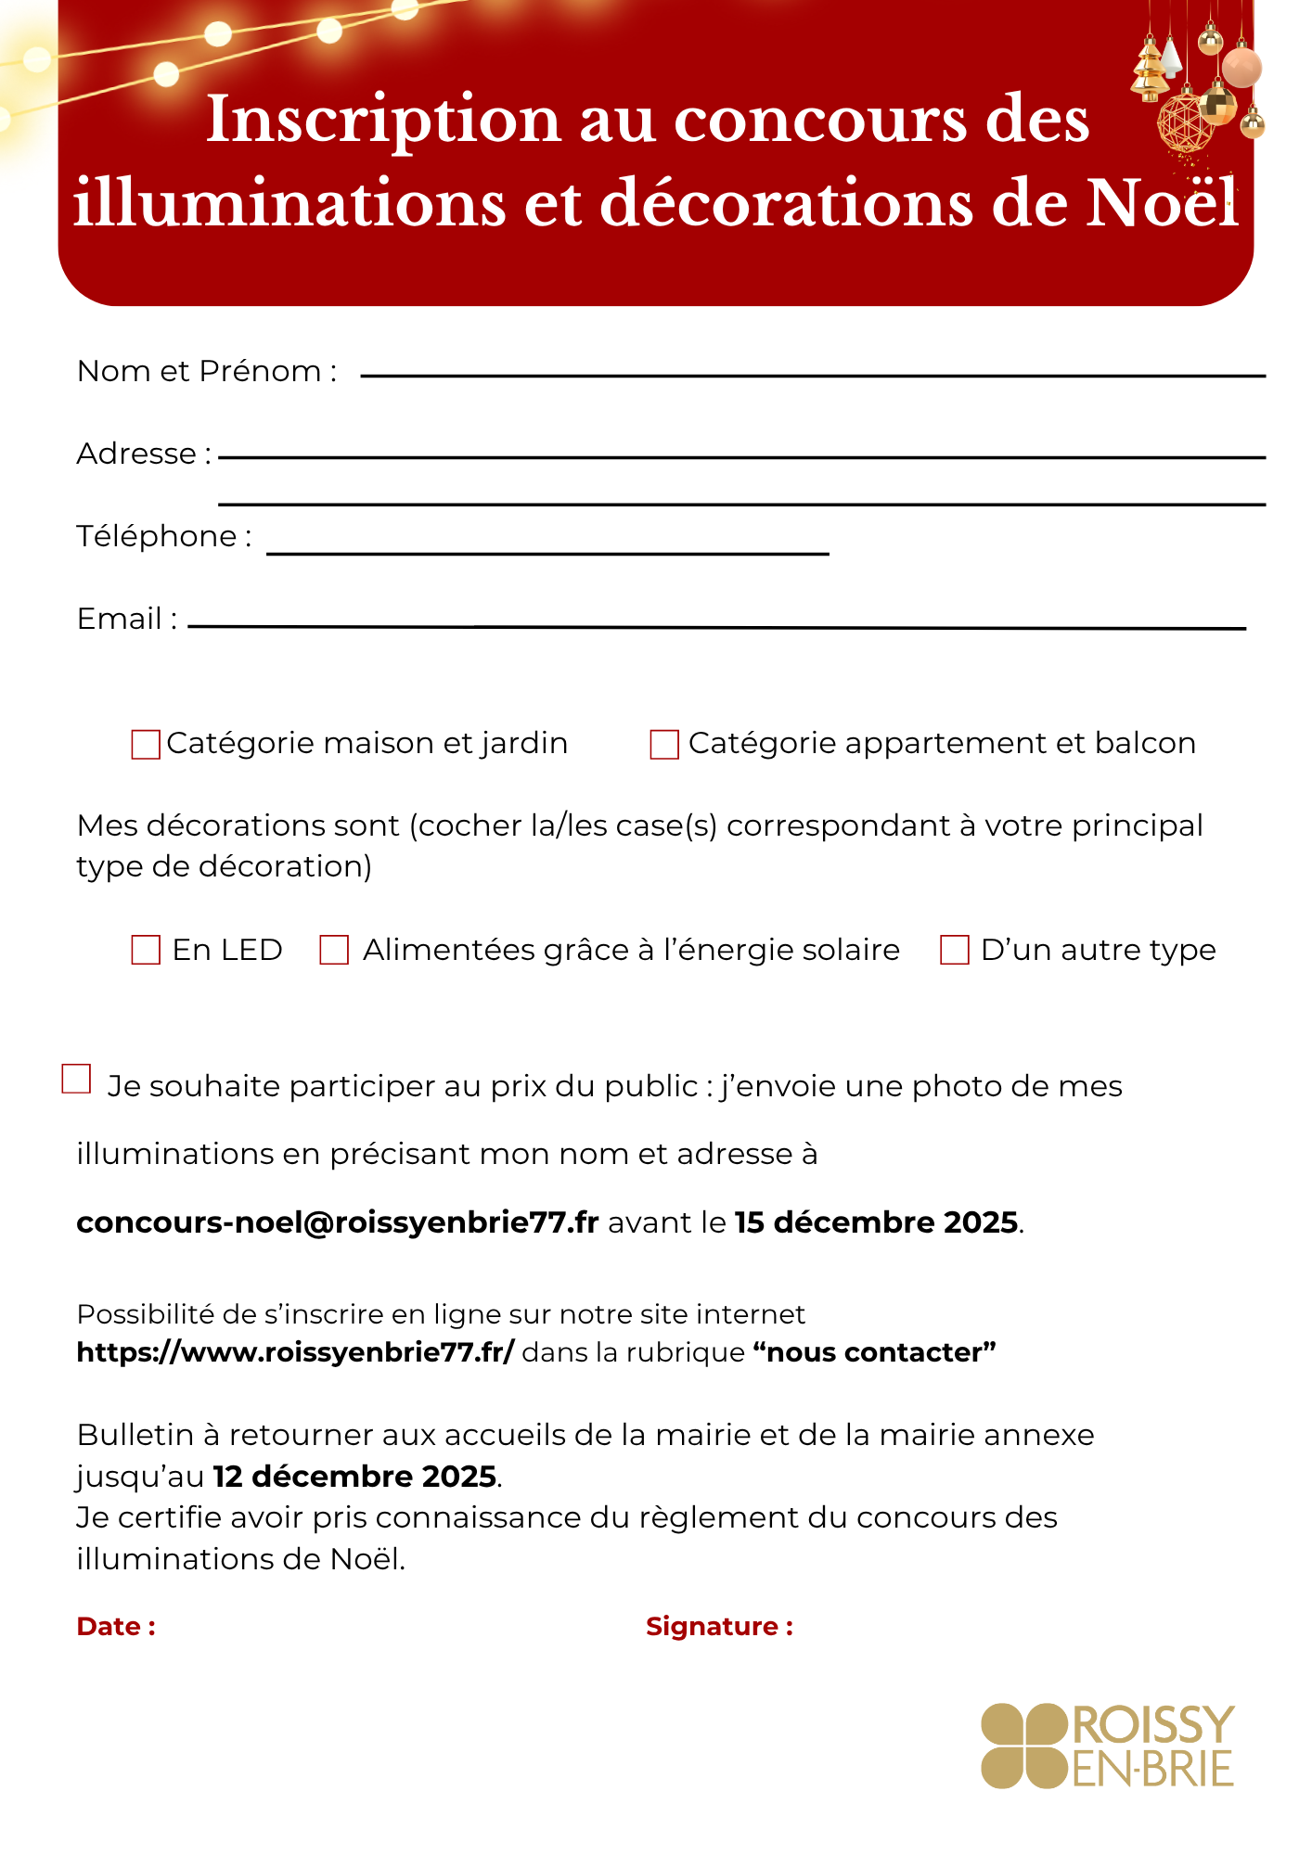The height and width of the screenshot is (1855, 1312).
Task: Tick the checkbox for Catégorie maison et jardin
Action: (x=146, y=745)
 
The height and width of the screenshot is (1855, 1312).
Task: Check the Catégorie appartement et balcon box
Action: (x=664, y=745)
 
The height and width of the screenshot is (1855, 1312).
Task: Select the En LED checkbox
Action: (x=146, y=950)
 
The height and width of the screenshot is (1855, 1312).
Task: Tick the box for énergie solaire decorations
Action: (x=334, y=950)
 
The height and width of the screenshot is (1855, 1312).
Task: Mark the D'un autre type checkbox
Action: (x=955, y=950)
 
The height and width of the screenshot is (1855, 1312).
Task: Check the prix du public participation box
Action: (x=76, y=1079)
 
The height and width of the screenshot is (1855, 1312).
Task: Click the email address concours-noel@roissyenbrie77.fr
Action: (x=338, y=1222)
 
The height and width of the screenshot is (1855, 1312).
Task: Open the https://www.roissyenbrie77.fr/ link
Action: (x=295, y=1352)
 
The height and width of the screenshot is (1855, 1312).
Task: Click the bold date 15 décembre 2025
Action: (x=877, y=1222)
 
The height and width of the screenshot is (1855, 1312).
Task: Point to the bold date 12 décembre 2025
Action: (x=355, y=1476)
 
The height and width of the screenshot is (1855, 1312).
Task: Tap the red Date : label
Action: (x=116, y=1626)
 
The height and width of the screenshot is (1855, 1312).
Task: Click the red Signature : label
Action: (x=719, y=1626)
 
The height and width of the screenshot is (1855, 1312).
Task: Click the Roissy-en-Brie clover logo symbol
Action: (x=1023, y=1746)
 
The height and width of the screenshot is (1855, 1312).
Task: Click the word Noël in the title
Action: (x=1162, y=202)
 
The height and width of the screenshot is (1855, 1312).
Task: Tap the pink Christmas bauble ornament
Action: (x=1241, y=67)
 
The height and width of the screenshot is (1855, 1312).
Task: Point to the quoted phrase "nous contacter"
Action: (x=874, y=1352)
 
